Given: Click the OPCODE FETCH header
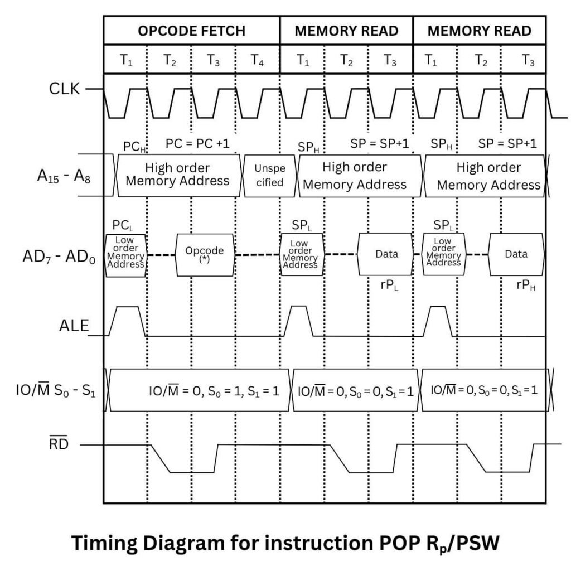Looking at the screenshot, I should (x=191, y=31).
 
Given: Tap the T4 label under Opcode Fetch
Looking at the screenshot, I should (x=257, y=60).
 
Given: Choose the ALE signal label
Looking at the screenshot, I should (x=74, y=326).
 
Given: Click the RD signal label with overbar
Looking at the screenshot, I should (x=58, y=444).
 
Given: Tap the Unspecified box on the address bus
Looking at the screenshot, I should (x=269, y=175).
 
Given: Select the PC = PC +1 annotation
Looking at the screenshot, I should (x=197, y=144).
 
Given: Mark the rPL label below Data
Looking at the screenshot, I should (x=388, y=284).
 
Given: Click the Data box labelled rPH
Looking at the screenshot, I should (x=516, y=254).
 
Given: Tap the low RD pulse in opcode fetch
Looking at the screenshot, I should (x=191, y=472).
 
